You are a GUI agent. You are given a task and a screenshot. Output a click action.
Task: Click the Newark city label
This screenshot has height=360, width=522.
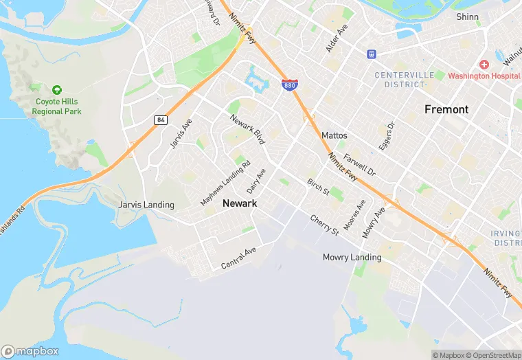tap(240, 203)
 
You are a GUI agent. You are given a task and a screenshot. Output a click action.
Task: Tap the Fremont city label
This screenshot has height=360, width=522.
tap(446, 109)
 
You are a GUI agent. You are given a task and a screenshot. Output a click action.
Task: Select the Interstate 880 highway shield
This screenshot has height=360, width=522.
tap(289, 85)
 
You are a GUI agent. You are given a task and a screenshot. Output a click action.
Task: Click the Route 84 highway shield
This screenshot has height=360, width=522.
tap(161, 120)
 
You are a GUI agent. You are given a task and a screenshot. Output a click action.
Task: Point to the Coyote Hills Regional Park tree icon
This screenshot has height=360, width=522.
tap(57, 90)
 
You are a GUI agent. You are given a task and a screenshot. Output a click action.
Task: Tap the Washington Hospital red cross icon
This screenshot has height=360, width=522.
tap(484, 65)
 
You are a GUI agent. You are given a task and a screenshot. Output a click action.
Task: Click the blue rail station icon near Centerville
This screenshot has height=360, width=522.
tap(372, 53)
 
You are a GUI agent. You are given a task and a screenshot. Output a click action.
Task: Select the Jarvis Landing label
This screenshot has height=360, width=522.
tap(146, 205)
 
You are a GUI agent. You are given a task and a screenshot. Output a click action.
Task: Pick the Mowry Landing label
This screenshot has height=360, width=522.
tap(352, 258)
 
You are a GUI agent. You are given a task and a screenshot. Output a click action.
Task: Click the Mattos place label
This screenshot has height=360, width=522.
tap(334, 136)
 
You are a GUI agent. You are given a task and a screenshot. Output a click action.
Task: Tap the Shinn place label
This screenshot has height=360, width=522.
tap(467, 16)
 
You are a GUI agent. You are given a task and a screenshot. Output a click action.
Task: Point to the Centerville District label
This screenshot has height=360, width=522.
tap(400, 79)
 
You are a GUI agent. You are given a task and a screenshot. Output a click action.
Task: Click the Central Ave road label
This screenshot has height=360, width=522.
tap(238, 258)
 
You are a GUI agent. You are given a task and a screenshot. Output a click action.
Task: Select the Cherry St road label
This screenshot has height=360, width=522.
tap(325, 224)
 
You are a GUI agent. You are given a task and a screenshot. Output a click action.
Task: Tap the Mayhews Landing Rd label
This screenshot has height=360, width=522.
tap(225, 184)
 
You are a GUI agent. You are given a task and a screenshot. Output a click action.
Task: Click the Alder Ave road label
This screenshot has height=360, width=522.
tap(337, 38)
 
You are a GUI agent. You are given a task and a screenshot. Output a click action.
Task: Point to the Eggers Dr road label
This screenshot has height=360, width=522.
tap(387, 136)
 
